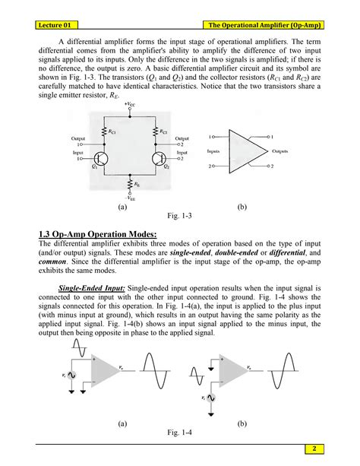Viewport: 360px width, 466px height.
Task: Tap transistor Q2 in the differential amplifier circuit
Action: [x=160, y=159]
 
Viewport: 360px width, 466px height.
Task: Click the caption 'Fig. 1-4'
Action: [x=179, y=431]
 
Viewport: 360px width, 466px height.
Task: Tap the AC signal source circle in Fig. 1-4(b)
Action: [x=215, y=395]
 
